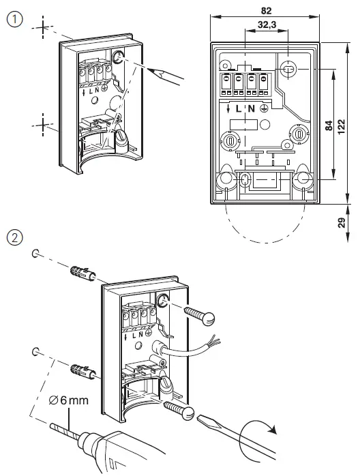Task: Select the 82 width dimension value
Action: (266, 10)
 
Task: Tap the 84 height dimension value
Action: (329, 125)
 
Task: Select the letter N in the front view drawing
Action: (250, 108)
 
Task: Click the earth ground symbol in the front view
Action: (264, 108)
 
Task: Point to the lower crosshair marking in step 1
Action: (42, 125)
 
